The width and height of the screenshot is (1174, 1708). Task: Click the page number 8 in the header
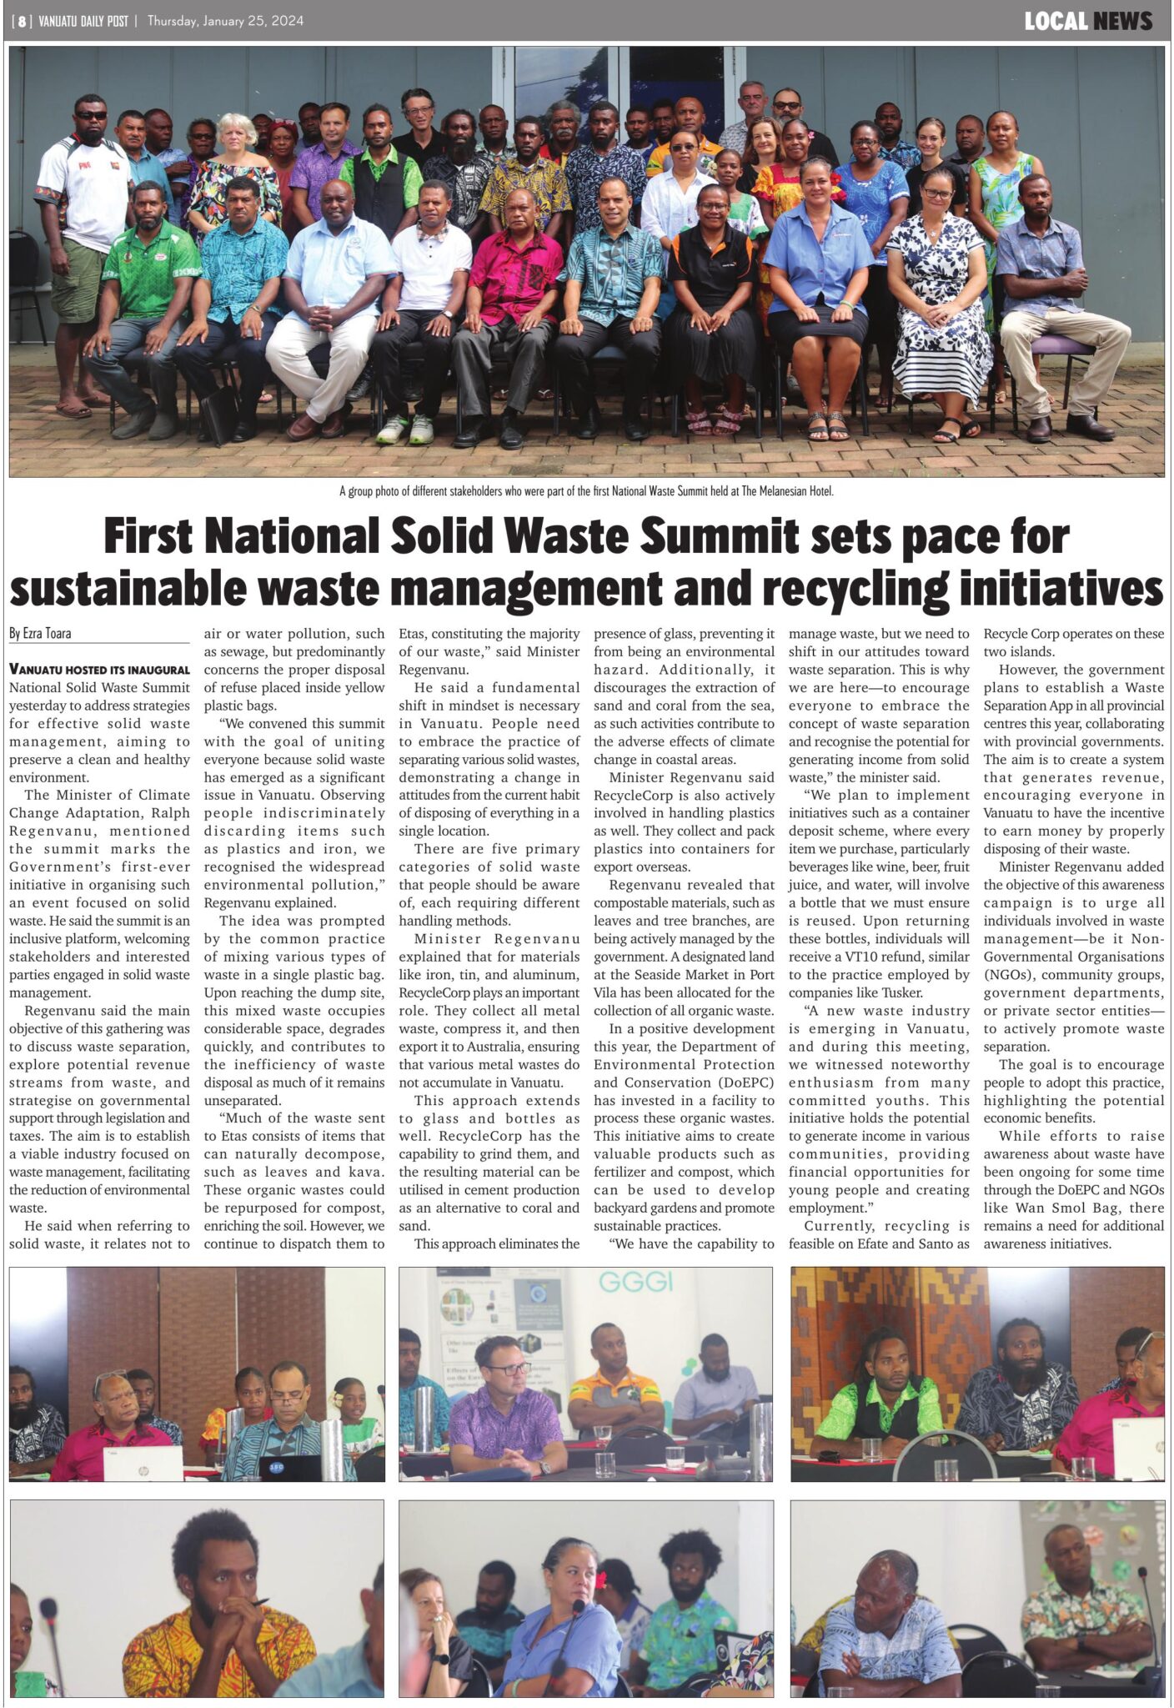point(22,22)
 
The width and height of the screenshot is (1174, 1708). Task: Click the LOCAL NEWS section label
point(1087,22)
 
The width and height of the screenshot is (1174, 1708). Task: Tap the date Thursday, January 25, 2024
point(225,22)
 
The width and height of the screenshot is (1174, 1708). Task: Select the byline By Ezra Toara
point(40,634)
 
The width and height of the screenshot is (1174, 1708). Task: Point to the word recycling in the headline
point(855,588)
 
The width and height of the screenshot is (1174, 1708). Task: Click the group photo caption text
point(586,491)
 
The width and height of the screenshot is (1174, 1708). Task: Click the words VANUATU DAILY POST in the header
point(83,22)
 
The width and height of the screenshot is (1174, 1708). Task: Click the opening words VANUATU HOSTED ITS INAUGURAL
point(99,669)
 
